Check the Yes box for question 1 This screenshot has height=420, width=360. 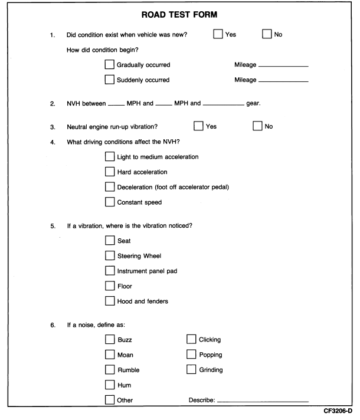(219, 34)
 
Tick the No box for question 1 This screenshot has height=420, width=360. (267, 34)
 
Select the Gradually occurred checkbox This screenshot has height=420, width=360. (109, 64)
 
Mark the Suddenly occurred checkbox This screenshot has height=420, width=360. (109, 80)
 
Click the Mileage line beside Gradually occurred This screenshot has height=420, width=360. (283, 65)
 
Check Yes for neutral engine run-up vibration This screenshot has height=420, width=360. (198, 126)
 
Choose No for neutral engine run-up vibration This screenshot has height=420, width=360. (257, 126)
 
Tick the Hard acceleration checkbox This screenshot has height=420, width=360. (109, 172)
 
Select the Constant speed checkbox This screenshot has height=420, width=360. (109, 202)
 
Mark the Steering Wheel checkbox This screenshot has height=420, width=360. (109, 256)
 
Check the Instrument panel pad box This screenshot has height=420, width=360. (109, 271)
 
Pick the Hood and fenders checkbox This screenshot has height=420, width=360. (109, 301)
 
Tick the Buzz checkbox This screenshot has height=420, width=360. (109, 340)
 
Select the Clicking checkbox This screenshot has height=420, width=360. (191, 340)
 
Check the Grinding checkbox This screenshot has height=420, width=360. (191, 370)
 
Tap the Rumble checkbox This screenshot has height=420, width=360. (109, 370)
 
